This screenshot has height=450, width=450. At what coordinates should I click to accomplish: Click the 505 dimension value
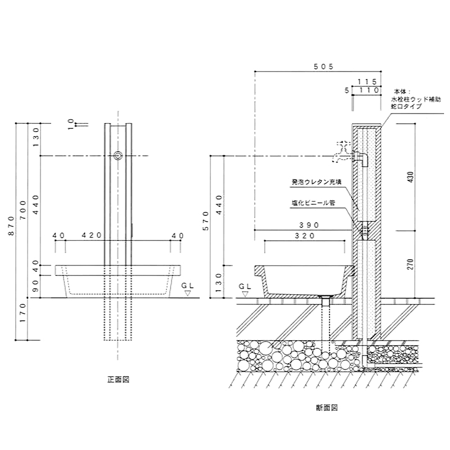(x=325, y=66)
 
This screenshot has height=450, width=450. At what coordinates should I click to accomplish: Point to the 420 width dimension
(x=90, y=236)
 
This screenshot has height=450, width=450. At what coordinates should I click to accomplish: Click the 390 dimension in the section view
(x=309, y=225)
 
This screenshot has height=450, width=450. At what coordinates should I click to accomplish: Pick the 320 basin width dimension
(x=304, y=237)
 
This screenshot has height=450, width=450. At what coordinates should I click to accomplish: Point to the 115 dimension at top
(x=366, y=82)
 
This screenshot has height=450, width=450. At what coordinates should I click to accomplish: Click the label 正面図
(x=119, y=379)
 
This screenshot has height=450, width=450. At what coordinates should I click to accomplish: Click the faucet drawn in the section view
(x=344, y=151)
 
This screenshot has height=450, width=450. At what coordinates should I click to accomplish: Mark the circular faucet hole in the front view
(x=118, y=156)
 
